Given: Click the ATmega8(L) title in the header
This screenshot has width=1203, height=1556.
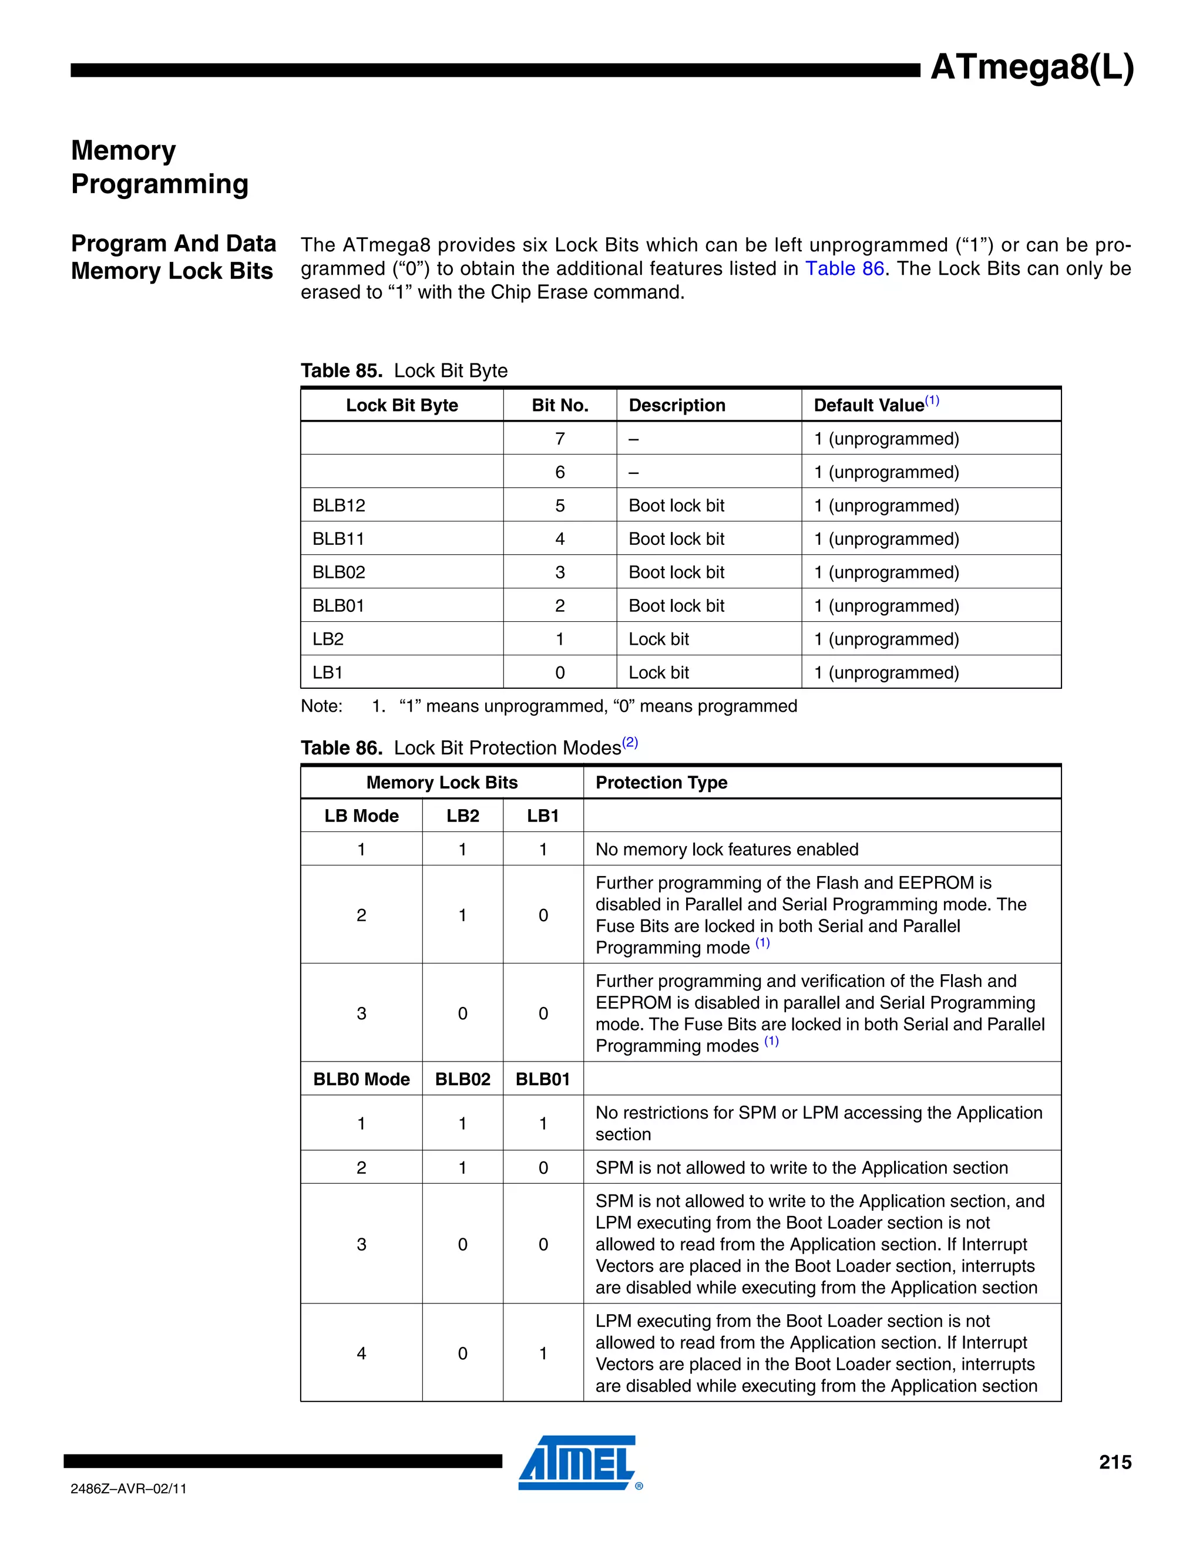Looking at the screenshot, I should click(x=1031, y=68).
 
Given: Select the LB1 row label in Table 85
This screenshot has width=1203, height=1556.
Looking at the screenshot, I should click(x=328, y=672).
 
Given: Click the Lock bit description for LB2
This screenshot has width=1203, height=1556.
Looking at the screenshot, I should click(x=658, y=638).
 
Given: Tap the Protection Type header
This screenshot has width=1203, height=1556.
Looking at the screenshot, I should click(x=661, y=782).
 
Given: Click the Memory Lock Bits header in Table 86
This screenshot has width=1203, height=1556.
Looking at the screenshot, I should click(x=441, y=782).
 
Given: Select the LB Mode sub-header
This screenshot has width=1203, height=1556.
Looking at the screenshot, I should click(x=361, y=816).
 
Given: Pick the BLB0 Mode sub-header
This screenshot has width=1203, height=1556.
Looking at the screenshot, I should click(x=361, y=1079).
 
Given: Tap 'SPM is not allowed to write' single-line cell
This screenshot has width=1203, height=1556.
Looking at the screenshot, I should click(x=801, y=1168).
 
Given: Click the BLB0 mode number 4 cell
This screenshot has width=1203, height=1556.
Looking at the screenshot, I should click(x=361, y=1353).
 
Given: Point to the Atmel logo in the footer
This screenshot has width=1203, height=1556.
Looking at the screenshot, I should click(x=577, y=1462).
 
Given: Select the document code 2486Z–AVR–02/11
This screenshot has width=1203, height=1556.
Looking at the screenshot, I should click(x=128, y=1489).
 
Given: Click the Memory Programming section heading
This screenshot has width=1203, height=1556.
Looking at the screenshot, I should click(x=160, y=167).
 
